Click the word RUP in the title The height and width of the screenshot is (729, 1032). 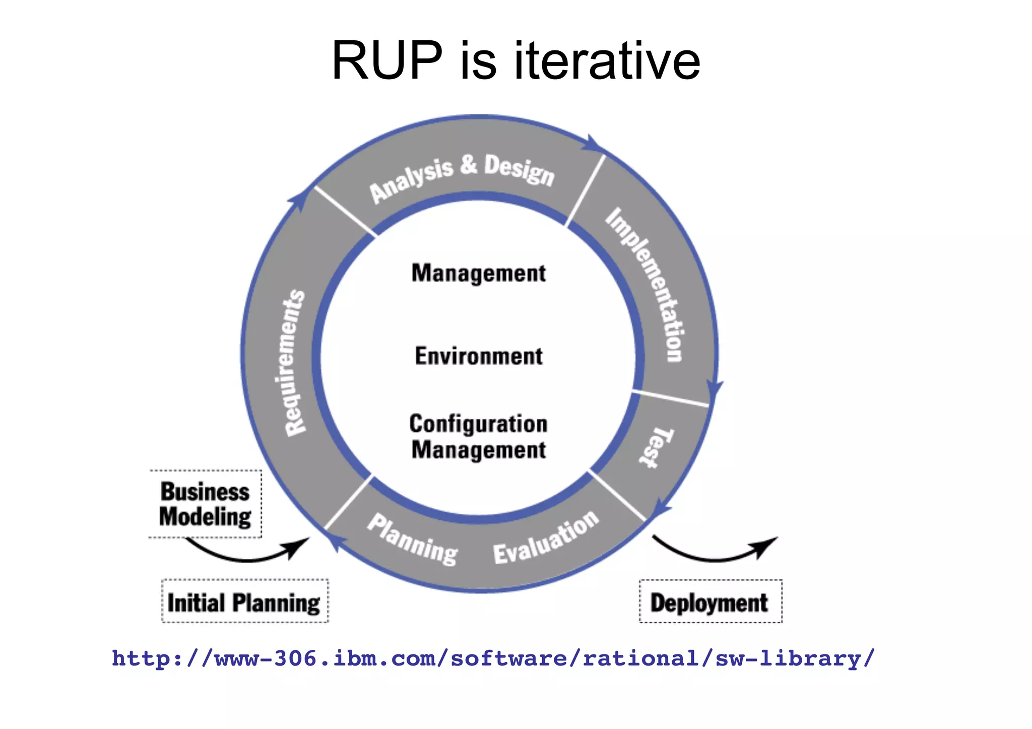386,61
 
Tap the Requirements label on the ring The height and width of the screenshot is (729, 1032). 295,362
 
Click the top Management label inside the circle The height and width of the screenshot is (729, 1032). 478,274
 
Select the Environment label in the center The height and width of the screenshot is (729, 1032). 478,356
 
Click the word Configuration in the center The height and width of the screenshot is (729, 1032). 478,424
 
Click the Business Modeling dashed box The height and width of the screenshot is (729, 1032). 205,504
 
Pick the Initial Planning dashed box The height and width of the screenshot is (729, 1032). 244,602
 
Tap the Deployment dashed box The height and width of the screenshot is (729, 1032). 710,602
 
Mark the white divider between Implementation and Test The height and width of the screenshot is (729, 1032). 670,397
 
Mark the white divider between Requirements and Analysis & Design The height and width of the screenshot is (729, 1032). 345,211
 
